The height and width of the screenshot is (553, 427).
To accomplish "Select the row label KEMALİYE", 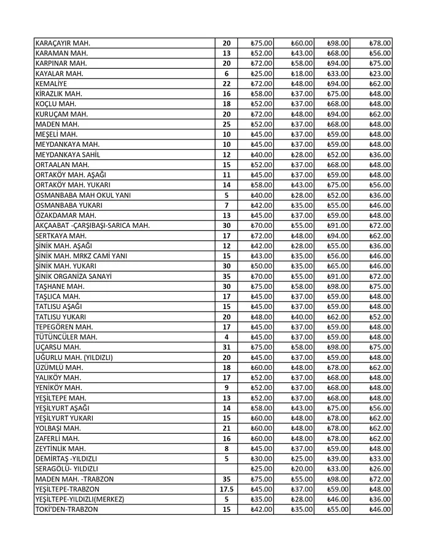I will click(x=52, y=84).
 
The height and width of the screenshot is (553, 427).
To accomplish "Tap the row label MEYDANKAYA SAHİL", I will click(x=68, y=155).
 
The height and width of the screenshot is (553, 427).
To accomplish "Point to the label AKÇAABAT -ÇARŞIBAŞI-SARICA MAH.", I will click(x=93, y=226).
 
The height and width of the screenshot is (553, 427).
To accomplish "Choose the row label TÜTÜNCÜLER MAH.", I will click(x=66, y=337).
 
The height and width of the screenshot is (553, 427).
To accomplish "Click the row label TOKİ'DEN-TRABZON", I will click(x=66, y=509).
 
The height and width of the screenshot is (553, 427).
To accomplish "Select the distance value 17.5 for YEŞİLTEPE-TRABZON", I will click(x=226, y=489).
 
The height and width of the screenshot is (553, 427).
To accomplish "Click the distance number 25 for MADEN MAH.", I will click(x=226, y=124).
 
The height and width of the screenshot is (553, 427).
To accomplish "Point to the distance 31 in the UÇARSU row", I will click(x=226, y=347).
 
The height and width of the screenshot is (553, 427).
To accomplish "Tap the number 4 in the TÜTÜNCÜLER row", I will click(x=226, y=337).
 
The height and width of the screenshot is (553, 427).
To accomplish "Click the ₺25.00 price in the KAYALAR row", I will click(x=262, y=74).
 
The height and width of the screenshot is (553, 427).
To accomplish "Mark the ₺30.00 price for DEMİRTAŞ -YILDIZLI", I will click(x=262, y=459).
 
